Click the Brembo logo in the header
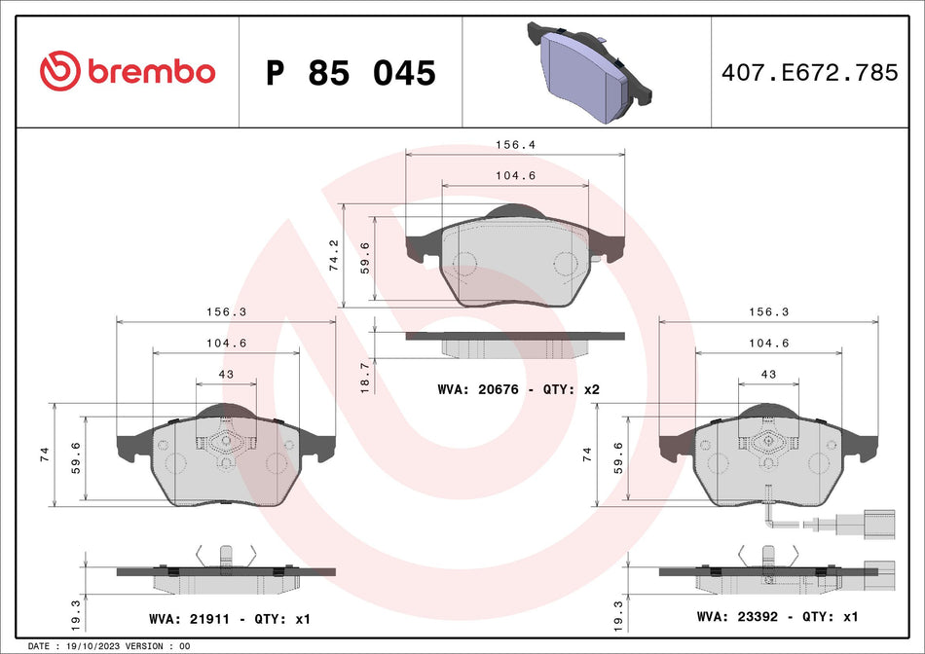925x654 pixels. coord(127,71)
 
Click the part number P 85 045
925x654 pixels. coord(351,73)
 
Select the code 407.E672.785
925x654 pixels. coord(807,72)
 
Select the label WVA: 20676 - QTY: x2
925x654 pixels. coord(518,389)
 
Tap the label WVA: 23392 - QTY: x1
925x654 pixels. coord(777,617)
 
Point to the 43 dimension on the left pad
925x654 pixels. coord(226,375)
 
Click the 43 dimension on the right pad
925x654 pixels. coord(768,375)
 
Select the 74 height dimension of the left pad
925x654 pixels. coord(45,454)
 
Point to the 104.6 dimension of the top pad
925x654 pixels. coord(515,176)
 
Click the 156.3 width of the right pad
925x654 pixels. coord(768,311)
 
